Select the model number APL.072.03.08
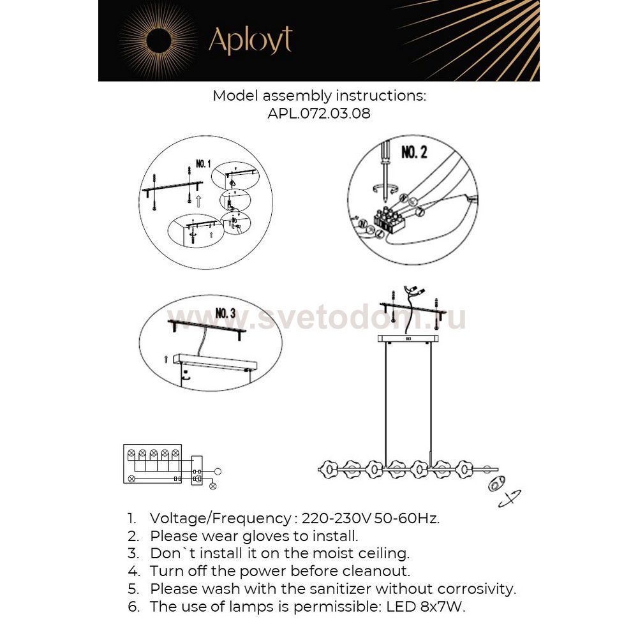point(319,114)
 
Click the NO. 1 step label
point(204,164)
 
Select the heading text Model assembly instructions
point(319,96)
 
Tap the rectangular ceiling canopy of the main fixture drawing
point(408,338)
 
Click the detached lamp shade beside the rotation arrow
point(495,486)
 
